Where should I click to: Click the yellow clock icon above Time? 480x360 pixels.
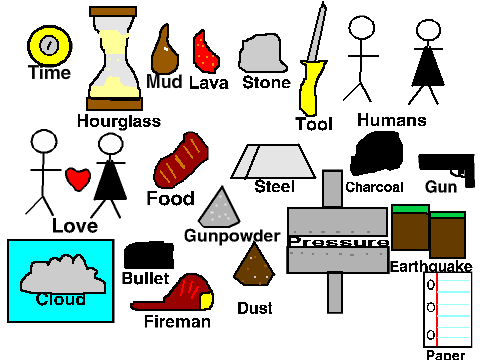tap(50, 45)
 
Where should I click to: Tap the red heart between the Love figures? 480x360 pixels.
tap(78, 179)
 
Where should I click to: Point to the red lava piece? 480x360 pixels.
tap(206, 52)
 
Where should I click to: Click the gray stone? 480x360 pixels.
tap(263, 53)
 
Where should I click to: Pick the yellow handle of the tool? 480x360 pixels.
tap(311, 87)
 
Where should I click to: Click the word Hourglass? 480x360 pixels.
tap(119, 121)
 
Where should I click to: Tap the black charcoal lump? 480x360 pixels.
tap(377, 153)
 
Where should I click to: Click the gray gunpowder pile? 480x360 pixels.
tap(219, 208)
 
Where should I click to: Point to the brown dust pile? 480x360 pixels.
tap(254, 266)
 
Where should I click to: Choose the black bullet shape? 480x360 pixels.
tap(149, 255)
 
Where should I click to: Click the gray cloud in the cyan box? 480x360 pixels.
tap(63, 275)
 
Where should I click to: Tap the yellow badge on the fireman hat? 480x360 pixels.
tap(206, 301)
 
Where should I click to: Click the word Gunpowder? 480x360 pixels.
tap(232, 236)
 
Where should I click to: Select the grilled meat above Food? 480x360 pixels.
tap(181, 160)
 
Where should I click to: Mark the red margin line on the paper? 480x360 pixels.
tap(437, 310)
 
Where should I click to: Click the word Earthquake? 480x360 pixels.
tap(431, 267)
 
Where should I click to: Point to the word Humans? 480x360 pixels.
tap(392, 120)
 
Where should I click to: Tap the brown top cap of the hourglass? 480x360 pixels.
tap(113, 11)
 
